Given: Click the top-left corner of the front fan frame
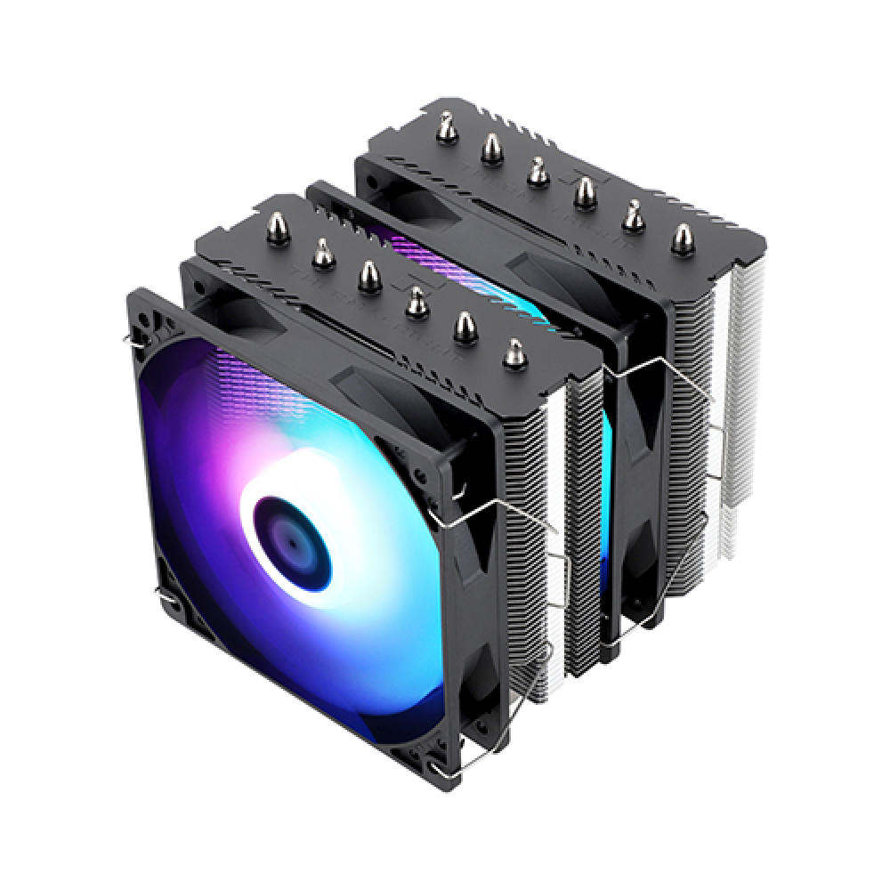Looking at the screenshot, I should pyautogui.click(x=142, y=299).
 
